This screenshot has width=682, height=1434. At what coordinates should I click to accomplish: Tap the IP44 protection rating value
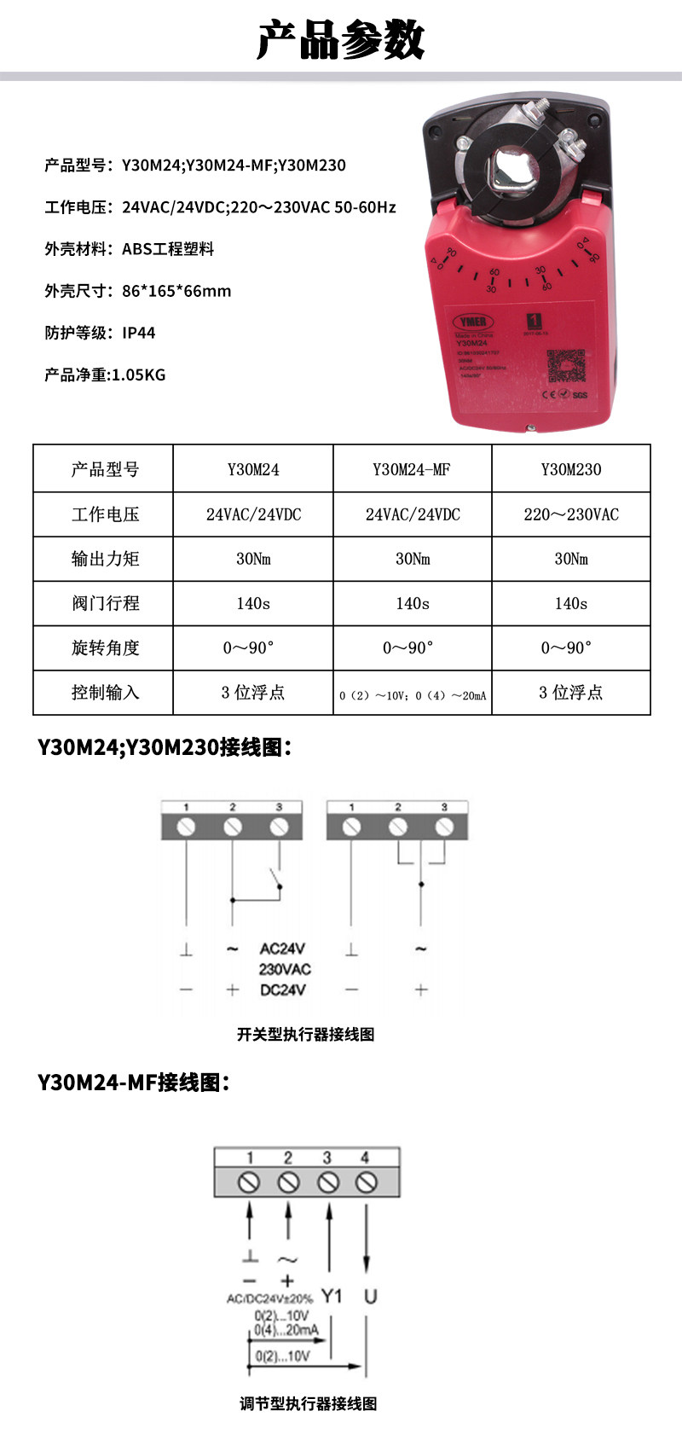click(x=138, y=333)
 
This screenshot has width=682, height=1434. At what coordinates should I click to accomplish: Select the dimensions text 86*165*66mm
click(x=176, y=291)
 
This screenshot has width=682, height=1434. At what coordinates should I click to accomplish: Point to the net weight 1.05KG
click(x=139, y=374)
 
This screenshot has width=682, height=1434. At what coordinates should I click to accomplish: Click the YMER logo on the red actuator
click(x=471, y=322)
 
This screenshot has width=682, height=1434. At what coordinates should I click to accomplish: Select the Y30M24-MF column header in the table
click(x=412, y=469)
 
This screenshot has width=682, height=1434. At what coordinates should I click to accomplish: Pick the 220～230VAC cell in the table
click(x=571, y=514)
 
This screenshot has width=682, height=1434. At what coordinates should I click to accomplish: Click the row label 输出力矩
click(x=105, y=559)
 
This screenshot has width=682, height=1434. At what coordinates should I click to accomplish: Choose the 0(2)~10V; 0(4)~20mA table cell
click(x=413, y=694)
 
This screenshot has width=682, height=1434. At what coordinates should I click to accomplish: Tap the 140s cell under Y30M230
click(x=571, y=603)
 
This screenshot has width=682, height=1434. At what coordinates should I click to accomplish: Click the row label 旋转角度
click(x=105, y=647)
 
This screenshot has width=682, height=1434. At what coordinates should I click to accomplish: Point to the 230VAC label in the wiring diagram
click(x=285, y=969)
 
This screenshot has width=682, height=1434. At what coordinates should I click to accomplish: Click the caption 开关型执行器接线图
click(x=305, y=1034)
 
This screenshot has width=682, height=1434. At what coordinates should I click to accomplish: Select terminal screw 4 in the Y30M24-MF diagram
click(x=367, y=1182)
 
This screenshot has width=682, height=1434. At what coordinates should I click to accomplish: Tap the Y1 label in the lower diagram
click(x=332, y=1296)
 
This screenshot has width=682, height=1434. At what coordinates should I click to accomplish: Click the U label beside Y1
click(x=370, y=1296)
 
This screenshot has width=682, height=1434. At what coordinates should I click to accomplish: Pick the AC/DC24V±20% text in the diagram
click(x=269, y=1298)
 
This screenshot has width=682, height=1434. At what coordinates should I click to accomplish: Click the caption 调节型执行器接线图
click(x=308, y=1403)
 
